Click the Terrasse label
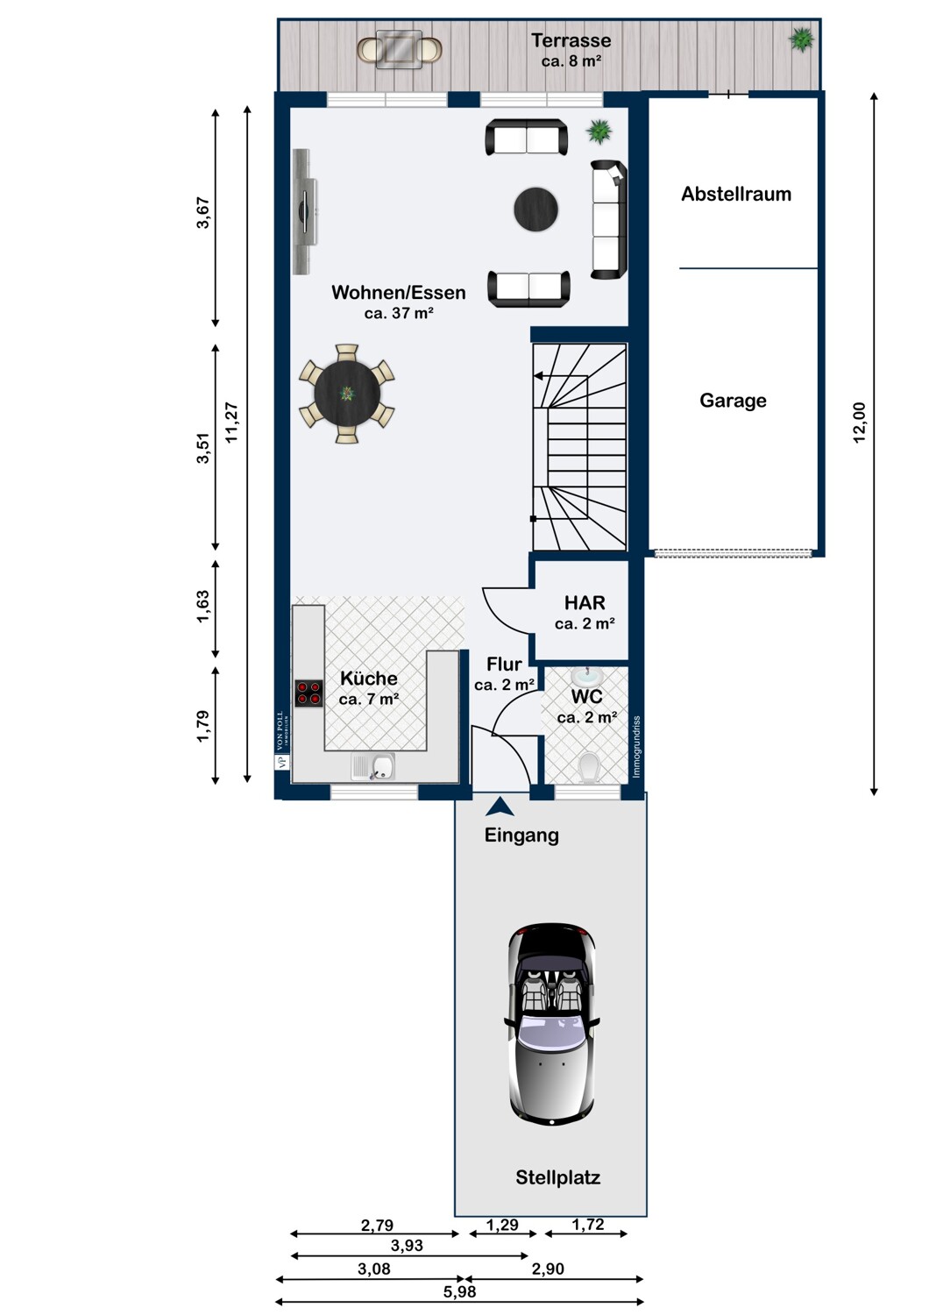click(571, 40)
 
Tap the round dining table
click(347, 394)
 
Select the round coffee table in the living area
click(535, 209)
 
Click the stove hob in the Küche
click(308, 693)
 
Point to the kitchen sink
click(373, 767)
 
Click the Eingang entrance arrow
click(500, 807)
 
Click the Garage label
click(733, 401)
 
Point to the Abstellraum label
click(736, 195)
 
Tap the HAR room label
click(585, 603)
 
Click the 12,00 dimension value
click(859, 422)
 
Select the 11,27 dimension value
click(231, 422)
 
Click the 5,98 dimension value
click(459, 1292)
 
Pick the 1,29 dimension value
click(502, 1226)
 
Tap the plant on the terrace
click(801, 39)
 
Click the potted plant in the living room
click(599, 131)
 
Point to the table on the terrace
click(399, 49)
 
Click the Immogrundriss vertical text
click(637, 747)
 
